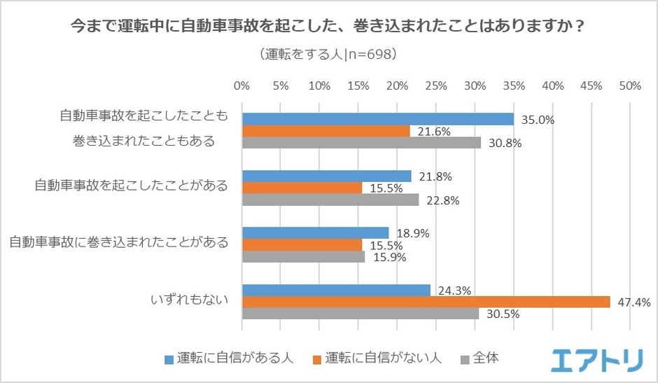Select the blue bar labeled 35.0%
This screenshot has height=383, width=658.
point(377,119)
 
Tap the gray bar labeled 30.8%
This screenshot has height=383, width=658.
point(361,142)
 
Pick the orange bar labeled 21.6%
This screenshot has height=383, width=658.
point(325,131)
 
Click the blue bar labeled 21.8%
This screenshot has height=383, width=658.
point(326,176)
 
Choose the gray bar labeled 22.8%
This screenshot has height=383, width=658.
point(330,200)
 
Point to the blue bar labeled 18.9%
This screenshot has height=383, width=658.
point(315,233)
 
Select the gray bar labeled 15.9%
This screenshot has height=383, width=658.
point(303,256)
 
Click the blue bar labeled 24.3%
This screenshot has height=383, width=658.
point(336,290)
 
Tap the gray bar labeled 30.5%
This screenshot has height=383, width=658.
point(360,314)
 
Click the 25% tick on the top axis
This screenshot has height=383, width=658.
point(436,86)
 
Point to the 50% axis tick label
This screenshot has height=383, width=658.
point(630,86)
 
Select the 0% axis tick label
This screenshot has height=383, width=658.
point(242,86)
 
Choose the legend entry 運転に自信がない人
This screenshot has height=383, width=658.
point(376,357)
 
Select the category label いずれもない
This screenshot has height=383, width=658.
point(190,301)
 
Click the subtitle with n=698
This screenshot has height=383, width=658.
point(328,55)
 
